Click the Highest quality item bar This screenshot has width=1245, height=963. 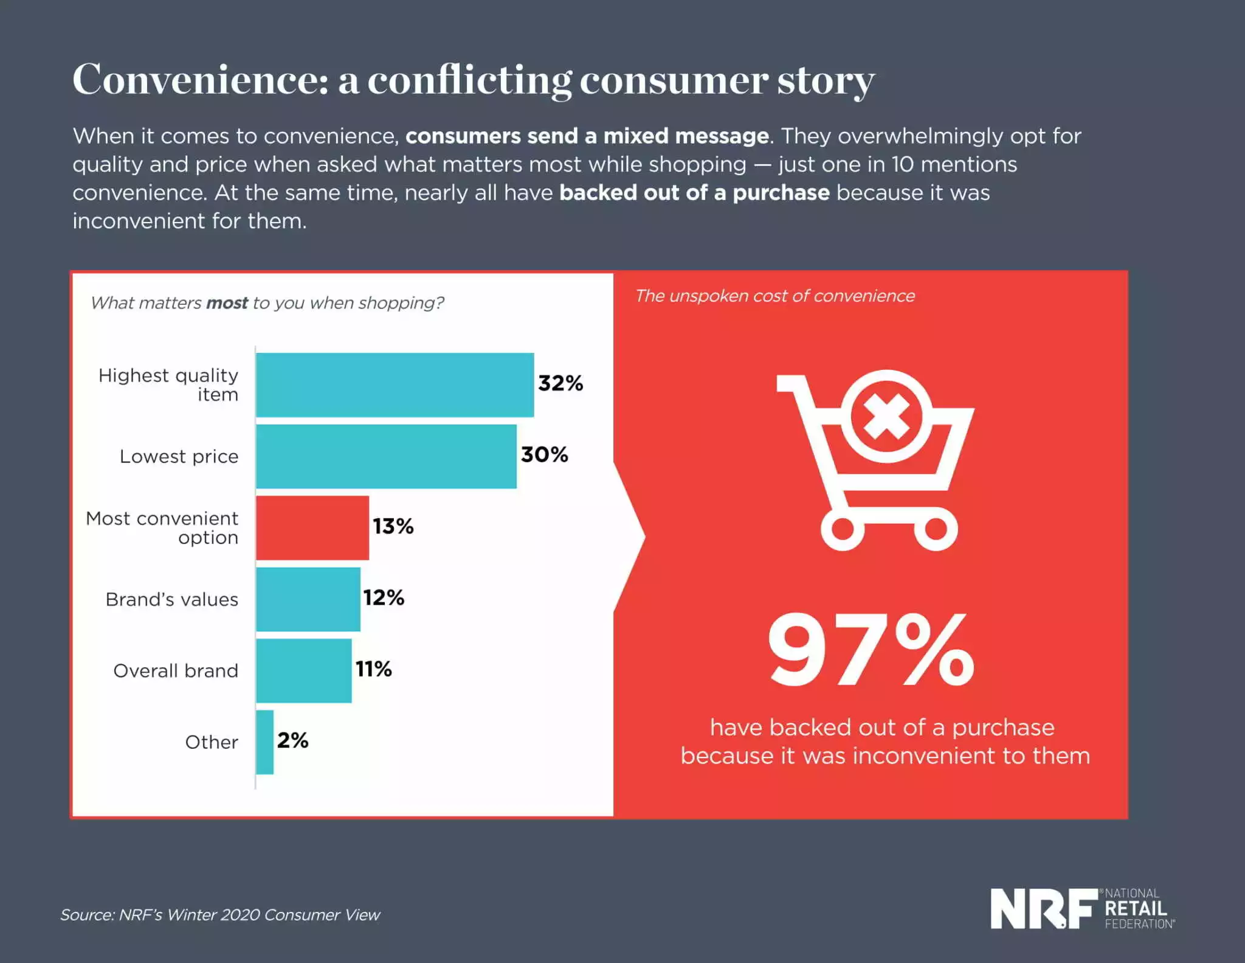tap(395, 384)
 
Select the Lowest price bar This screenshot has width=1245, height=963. tap(386, 456)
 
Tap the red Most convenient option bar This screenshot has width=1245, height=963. tap(312, 527)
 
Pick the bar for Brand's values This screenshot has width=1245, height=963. tap(308, 599)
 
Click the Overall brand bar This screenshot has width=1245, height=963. tap(303, 670)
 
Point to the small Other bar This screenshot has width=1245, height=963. tap(264, 742)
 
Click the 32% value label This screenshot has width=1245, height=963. tap(560, 383)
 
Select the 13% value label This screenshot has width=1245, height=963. tap(393, 526)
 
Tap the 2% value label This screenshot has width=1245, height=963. tap(292, 740)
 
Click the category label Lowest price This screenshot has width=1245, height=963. tap(179, 456)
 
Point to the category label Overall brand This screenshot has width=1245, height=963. tap(175, 670)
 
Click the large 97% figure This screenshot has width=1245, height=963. tap(871, 651)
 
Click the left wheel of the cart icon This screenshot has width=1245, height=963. tap(842, 529)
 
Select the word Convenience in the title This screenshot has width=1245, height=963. tap(200, 80)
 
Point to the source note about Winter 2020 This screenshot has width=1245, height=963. tap(220, 915)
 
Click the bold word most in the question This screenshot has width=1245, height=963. tap(227, 303)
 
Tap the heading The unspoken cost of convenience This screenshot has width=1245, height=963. tap(774, 296)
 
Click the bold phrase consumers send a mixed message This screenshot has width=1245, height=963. tap(587, 136)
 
